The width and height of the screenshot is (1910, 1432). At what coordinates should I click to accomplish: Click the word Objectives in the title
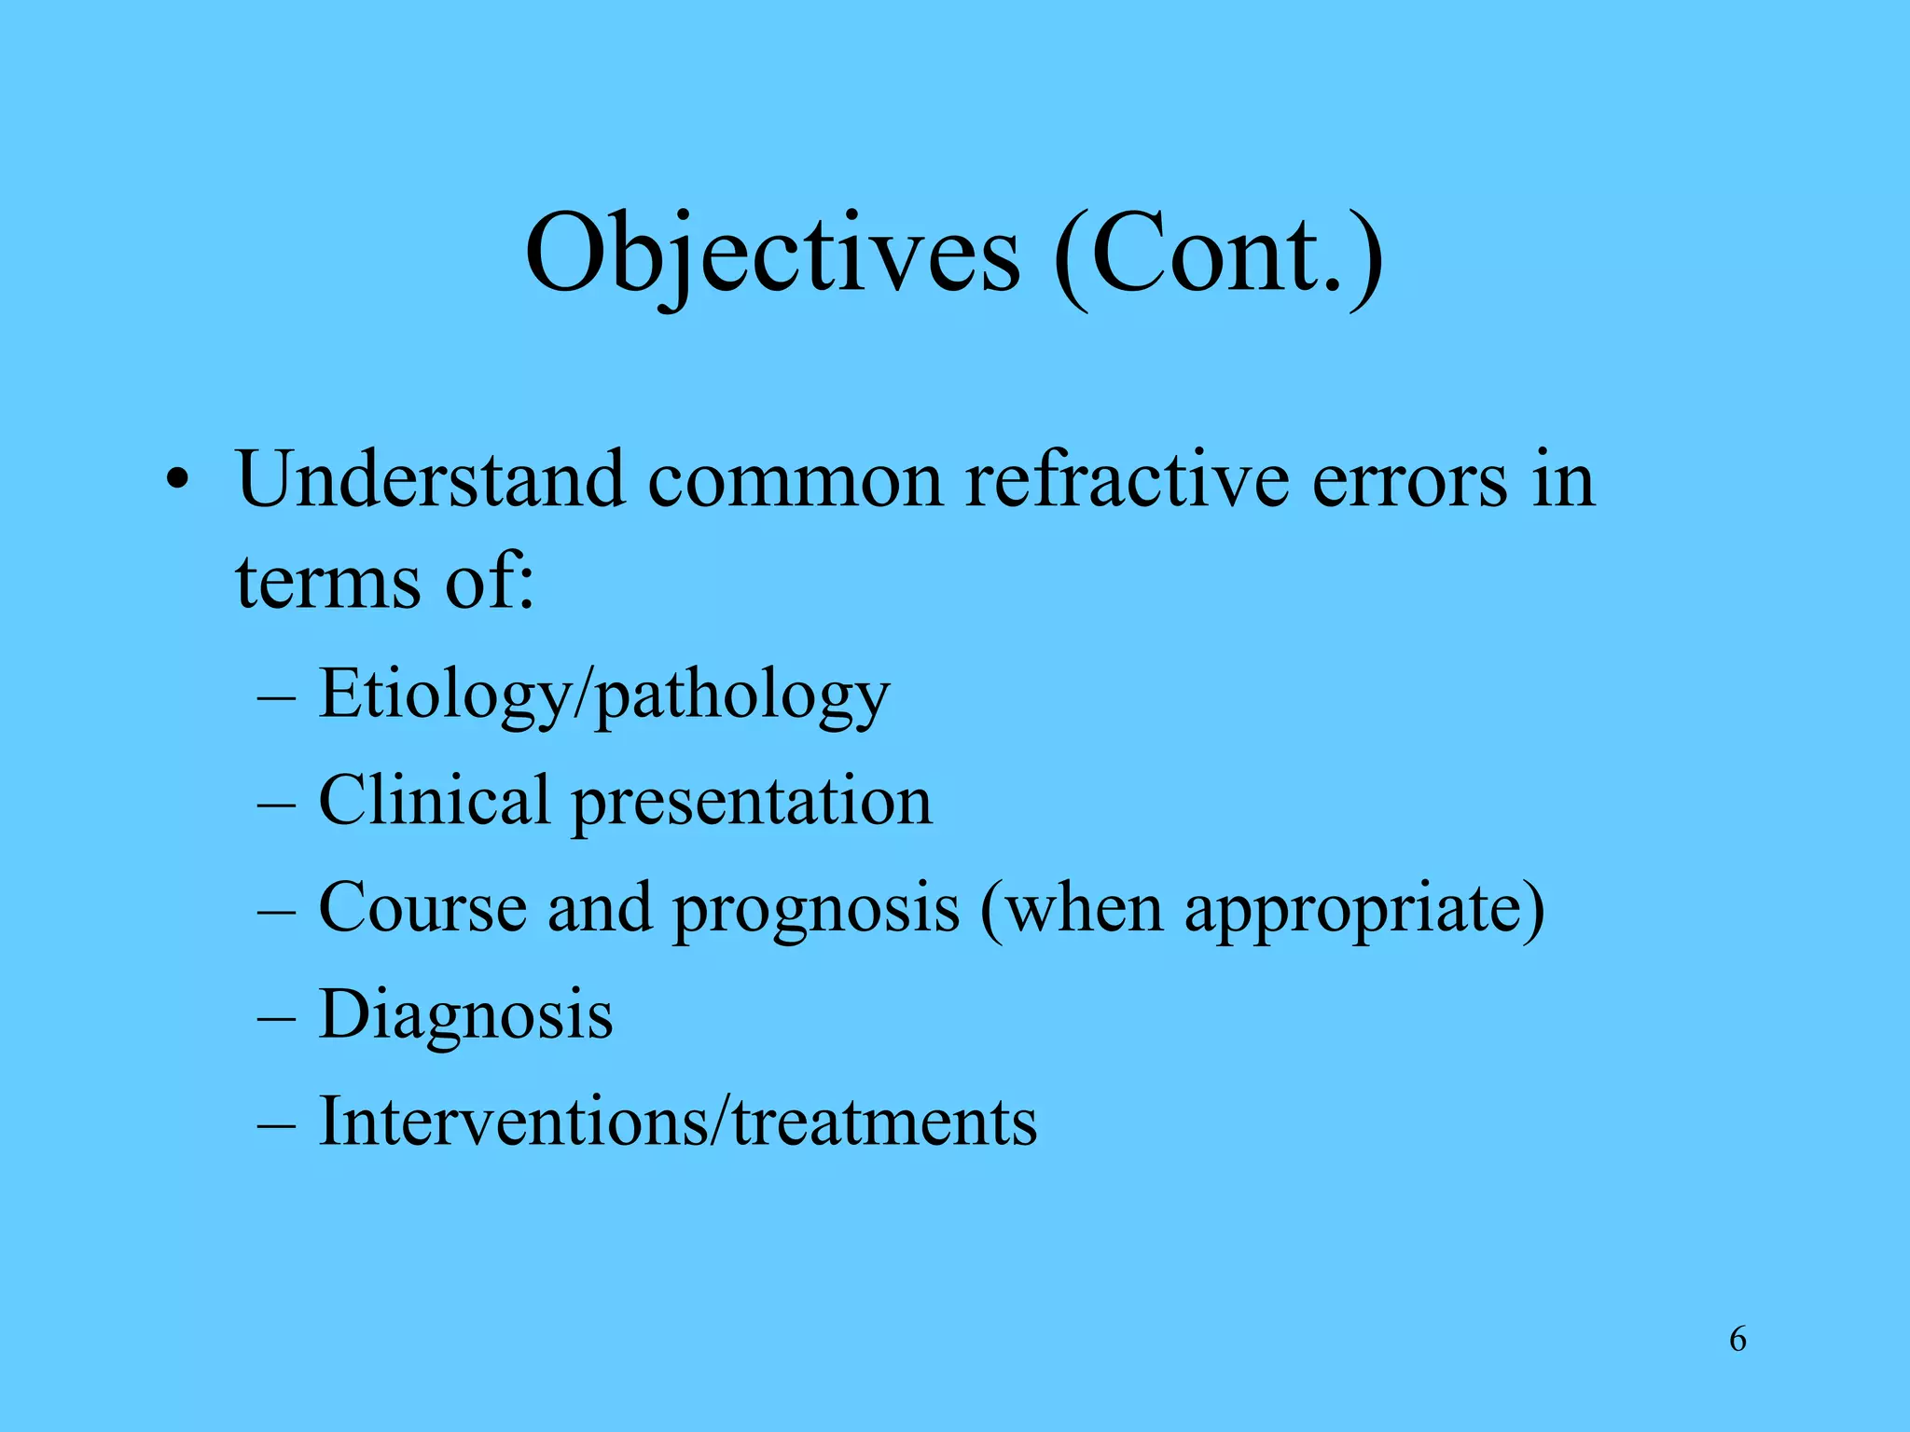coord(772,254)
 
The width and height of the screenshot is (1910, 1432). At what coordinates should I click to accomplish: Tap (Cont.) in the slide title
coord(1218,254)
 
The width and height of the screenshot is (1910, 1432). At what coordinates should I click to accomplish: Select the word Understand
coord(430,479)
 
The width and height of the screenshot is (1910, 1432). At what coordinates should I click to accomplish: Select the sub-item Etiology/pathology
coord(603,695)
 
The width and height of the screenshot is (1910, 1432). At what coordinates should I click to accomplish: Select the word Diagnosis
coord(465,1015)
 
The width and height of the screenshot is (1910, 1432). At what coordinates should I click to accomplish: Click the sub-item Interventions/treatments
coord(677,1121)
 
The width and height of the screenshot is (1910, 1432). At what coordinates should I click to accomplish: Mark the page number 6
coord(1737,1339)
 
